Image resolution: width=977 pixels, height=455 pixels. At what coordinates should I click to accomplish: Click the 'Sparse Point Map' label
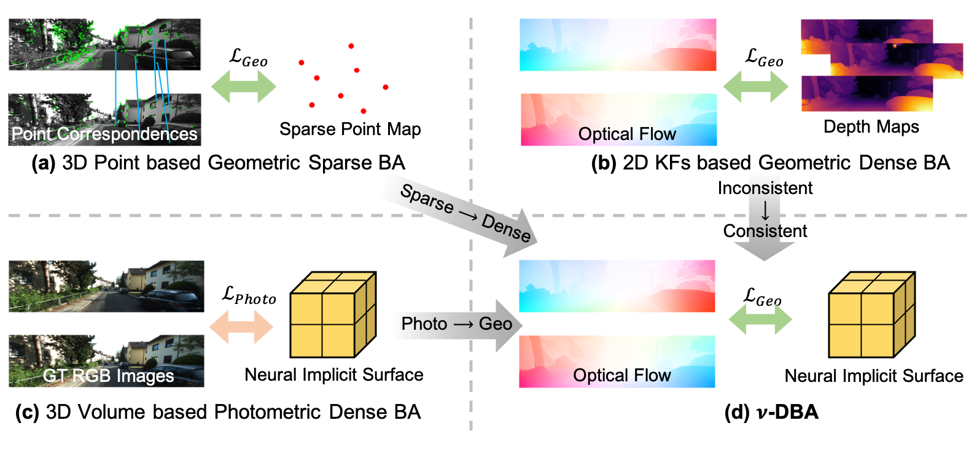tap(350, 129)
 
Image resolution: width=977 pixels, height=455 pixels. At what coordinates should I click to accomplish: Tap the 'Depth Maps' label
tap(871, 126)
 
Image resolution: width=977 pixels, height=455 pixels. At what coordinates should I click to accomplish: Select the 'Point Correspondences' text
tap(104, 134)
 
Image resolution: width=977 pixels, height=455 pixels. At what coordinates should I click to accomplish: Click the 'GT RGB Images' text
tap(108, 375)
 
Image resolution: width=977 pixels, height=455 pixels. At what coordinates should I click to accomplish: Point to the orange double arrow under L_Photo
tap(241, 326)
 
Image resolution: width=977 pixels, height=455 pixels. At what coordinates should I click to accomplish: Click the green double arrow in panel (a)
tap(244, 87)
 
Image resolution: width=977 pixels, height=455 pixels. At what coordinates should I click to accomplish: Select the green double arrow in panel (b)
tap(756, 87)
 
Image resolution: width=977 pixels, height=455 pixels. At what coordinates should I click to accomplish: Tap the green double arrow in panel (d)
tap(760, 319)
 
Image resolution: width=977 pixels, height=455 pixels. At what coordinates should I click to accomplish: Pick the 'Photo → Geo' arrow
tap(457, 324)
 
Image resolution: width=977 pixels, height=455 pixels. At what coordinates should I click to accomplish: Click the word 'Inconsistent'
tap(765, 188)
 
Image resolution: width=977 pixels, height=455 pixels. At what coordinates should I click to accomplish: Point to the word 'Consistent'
tap(765, 231)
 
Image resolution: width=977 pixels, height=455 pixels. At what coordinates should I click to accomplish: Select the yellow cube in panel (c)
tap(332, 314)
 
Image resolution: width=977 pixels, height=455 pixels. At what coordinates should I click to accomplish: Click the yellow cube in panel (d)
tap(871, 314)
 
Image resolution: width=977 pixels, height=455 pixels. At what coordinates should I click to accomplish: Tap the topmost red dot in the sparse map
tap(351, 46)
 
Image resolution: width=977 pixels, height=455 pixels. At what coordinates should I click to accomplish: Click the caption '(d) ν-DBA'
tap(772, 411)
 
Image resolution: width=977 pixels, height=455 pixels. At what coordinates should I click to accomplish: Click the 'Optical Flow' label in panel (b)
tap(627, 134)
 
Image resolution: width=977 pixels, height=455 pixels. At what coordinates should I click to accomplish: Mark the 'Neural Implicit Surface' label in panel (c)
tap(334, 375)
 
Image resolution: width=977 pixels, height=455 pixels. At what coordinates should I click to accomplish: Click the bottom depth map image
tap(867, 93)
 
